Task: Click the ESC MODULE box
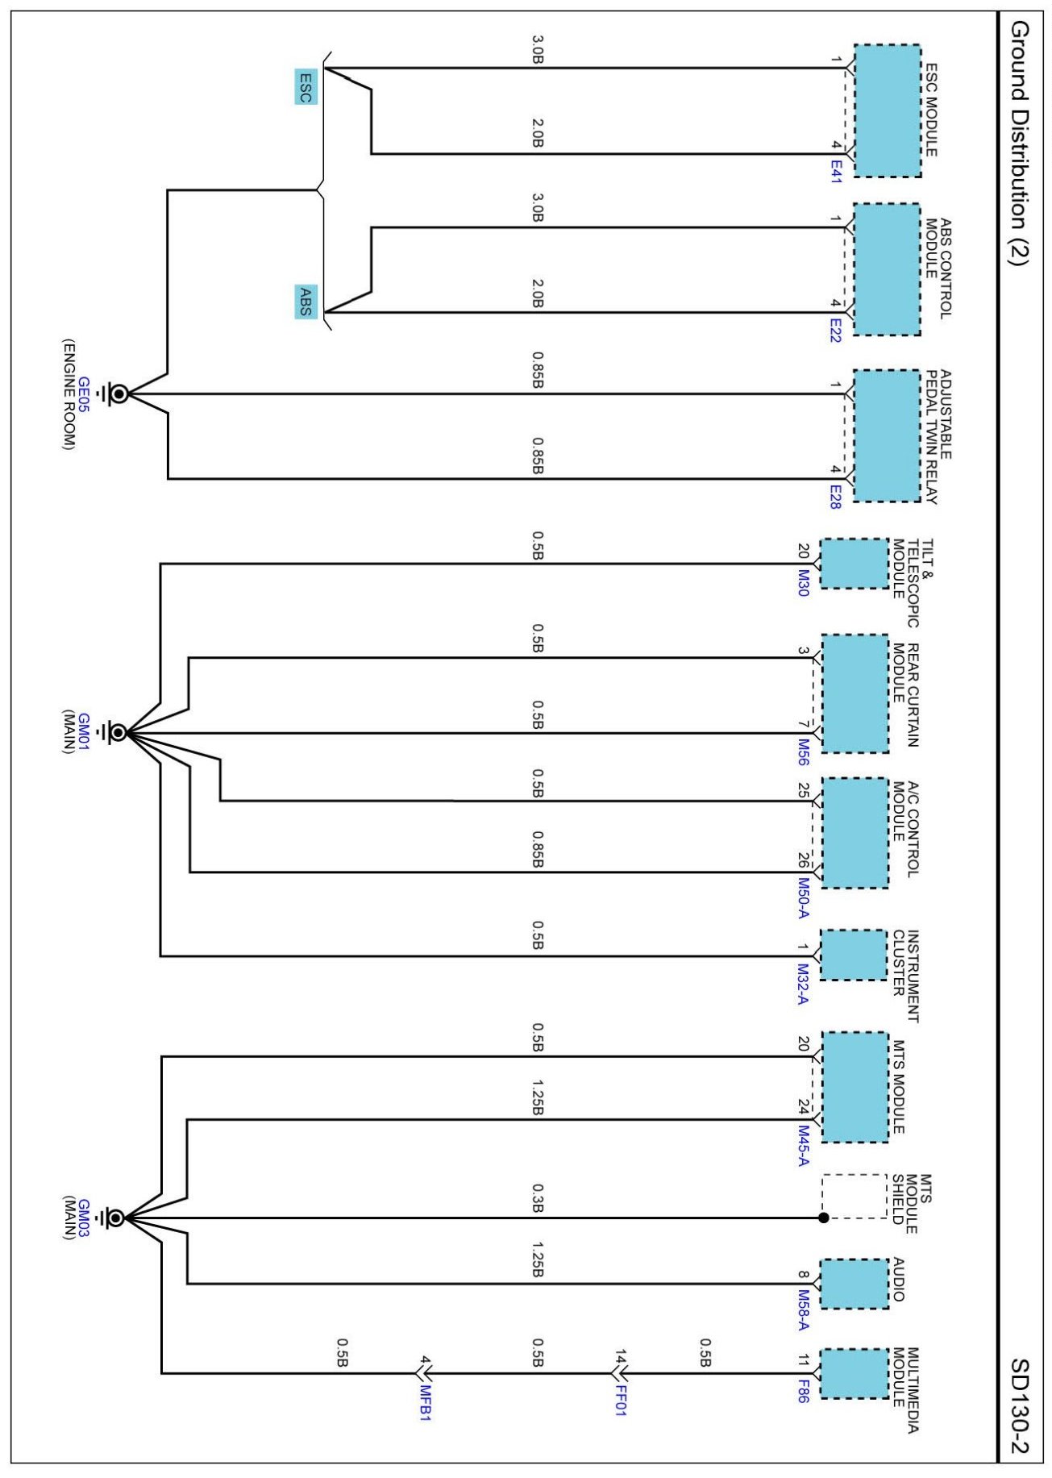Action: [887, 110]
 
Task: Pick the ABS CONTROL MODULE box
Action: [886, 269]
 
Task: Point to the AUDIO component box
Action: [854, 1284]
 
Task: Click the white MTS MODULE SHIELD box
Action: [854, 1196]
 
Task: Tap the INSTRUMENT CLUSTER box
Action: [853, 955]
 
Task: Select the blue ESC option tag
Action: [306, 87]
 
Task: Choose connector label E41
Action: [835, 171]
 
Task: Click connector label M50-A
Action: [802, 898]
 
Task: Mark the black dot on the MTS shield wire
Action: [823, 1218]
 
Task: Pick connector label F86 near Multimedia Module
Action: [802, 1394]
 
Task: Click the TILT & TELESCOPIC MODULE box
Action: [854, 564]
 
